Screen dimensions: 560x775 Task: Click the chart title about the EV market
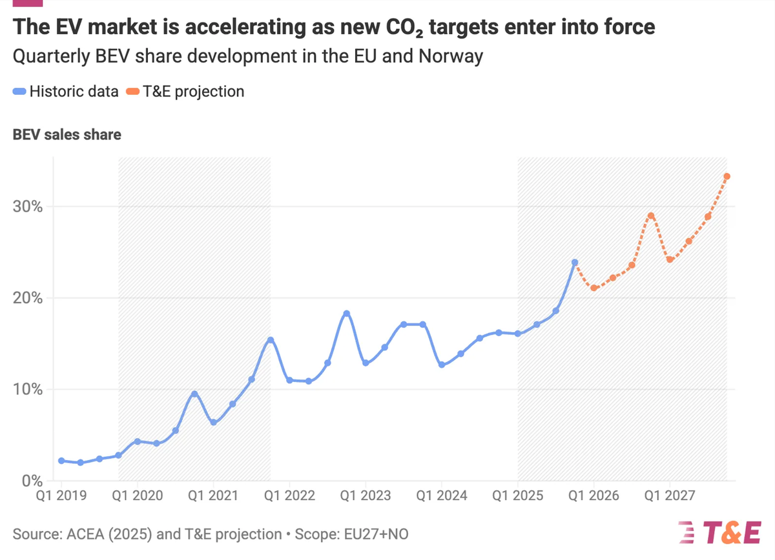coord(333,27)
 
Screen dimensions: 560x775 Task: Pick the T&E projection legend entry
coord(184,92)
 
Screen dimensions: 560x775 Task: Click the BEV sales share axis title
coord(67,135)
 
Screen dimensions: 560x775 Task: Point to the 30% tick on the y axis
coord(28,206)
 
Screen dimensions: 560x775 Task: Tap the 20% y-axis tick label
coord(28,298)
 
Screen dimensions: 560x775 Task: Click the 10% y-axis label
coord(28,390)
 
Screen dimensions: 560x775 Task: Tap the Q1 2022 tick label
coord(290,495)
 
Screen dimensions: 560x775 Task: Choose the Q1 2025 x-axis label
coord(518,495)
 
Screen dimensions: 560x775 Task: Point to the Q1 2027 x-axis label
coord(670,495)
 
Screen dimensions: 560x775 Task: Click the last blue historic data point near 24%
coord(575,263)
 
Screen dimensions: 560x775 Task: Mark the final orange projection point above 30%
coord(727,176)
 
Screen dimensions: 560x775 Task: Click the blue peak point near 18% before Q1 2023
coord(347,314)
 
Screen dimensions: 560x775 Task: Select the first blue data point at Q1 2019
coord(61,461)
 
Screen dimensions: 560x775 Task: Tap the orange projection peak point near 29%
coord(651,216)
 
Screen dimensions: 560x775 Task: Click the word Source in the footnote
coord(32,534)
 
